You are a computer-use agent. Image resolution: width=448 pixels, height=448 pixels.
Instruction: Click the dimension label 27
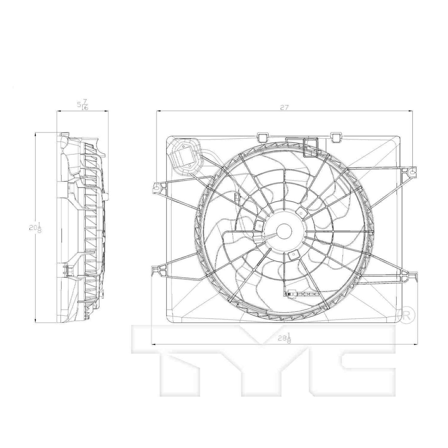click(x=284, y=108)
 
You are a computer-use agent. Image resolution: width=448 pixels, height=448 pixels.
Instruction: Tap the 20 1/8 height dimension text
click(x=35, y=228)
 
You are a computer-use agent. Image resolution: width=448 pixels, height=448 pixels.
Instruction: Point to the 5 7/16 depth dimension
click(x=82, y=104)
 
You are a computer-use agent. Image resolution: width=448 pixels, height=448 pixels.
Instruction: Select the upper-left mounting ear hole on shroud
click(x=156, y=187)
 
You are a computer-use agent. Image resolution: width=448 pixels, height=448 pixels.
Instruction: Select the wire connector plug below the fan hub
click(x=293, y=293)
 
